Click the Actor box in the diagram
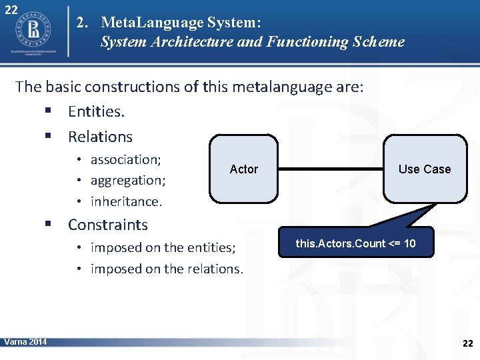243,169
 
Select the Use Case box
425,169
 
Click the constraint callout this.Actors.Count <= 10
355,243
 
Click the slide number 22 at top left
11,11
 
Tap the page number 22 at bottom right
467,343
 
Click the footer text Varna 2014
25,342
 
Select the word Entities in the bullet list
96,112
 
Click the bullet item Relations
100,137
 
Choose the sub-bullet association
126,160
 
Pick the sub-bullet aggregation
128,181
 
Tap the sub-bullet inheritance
126,201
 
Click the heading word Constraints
107,225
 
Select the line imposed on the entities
163,248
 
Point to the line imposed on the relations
167,269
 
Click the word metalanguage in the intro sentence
253,87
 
